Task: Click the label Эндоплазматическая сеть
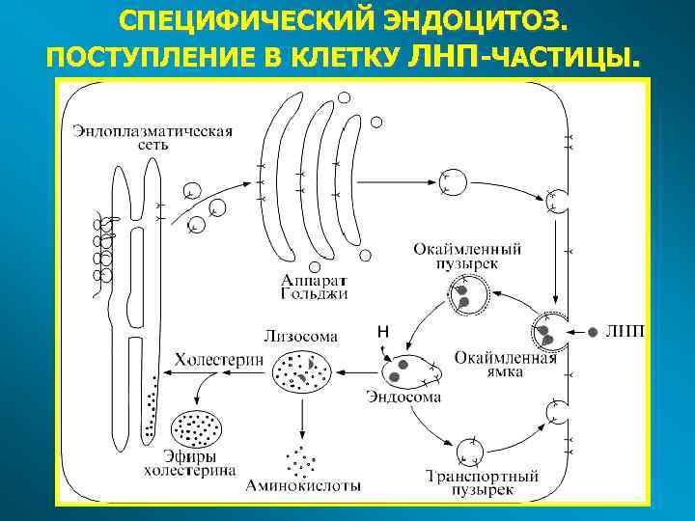tap(152, 138)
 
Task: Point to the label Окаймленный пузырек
tap(468, 255)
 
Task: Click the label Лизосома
tap(300, 337)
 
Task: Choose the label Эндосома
tap(404, 397)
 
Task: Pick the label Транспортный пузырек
tap(482, 483)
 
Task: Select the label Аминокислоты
tap(304, 485)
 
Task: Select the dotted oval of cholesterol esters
tap(196, 425)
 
